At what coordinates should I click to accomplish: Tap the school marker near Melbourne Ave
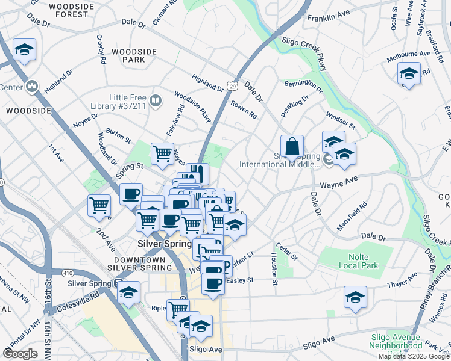point(409,73)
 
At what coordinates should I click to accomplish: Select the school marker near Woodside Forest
point(24,50)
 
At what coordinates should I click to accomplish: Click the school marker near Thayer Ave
point(355,297)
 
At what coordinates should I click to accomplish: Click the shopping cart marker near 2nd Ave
point(99,205)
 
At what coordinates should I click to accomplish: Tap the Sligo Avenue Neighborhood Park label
point(396,345)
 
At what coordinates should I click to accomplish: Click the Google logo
point(20,354)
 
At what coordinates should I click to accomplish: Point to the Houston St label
point(274,268)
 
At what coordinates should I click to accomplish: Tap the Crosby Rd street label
point(101,50)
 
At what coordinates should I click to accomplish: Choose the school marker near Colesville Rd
point(128,293)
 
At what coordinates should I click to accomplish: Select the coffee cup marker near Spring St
point(131,194)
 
